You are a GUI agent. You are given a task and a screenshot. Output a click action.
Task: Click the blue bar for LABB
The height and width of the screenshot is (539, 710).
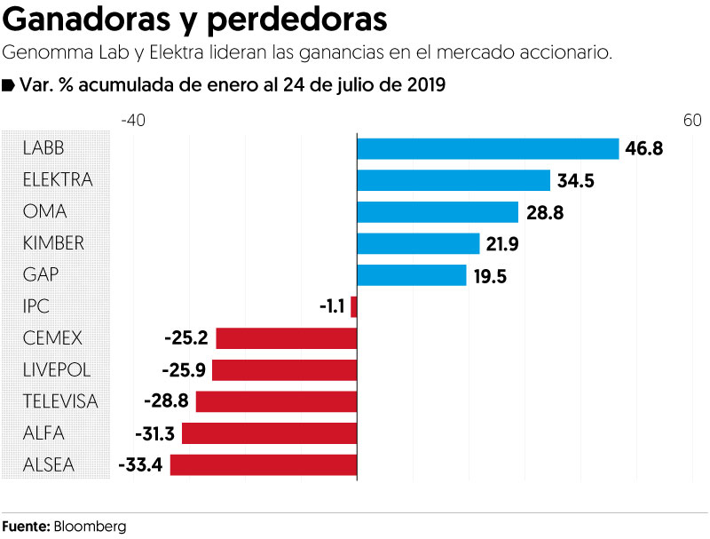[487, 148]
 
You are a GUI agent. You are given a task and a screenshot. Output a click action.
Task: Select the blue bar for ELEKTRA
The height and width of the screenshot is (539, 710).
[454, 180]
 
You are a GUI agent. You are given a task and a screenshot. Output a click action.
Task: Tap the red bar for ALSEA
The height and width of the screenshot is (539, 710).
[263, 464]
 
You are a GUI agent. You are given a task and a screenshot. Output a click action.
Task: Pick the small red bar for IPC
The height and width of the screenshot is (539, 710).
[353, 306]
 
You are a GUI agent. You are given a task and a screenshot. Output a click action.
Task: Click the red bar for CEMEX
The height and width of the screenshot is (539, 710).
[286, 338]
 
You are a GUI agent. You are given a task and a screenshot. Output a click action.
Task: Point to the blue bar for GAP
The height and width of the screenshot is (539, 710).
[411, 275]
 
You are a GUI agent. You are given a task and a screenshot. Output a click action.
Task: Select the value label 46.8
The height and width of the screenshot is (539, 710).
[644, 148]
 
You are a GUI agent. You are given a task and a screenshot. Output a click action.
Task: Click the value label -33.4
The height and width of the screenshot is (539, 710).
[140, 464]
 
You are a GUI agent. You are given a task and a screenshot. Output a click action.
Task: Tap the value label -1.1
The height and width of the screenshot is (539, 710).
[331, 306]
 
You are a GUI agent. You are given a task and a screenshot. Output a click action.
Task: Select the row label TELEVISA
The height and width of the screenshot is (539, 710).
[60, 401]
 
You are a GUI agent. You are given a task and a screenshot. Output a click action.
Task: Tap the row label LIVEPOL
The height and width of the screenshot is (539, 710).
[57, 369]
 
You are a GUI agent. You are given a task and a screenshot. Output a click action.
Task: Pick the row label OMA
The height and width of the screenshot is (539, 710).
[45, 212]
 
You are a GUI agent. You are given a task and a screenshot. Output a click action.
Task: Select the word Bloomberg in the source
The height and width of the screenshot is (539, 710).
[90, 526]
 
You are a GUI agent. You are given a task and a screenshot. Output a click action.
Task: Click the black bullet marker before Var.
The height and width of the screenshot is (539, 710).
[8, 85]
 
